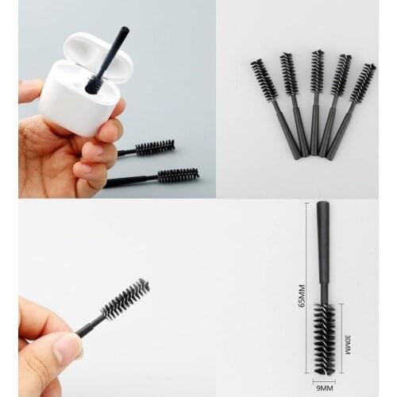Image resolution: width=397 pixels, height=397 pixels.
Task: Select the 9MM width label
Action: pos(324,389)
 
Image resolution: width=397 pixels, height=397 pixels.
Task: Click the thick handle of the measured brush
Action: pos(322,242)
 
